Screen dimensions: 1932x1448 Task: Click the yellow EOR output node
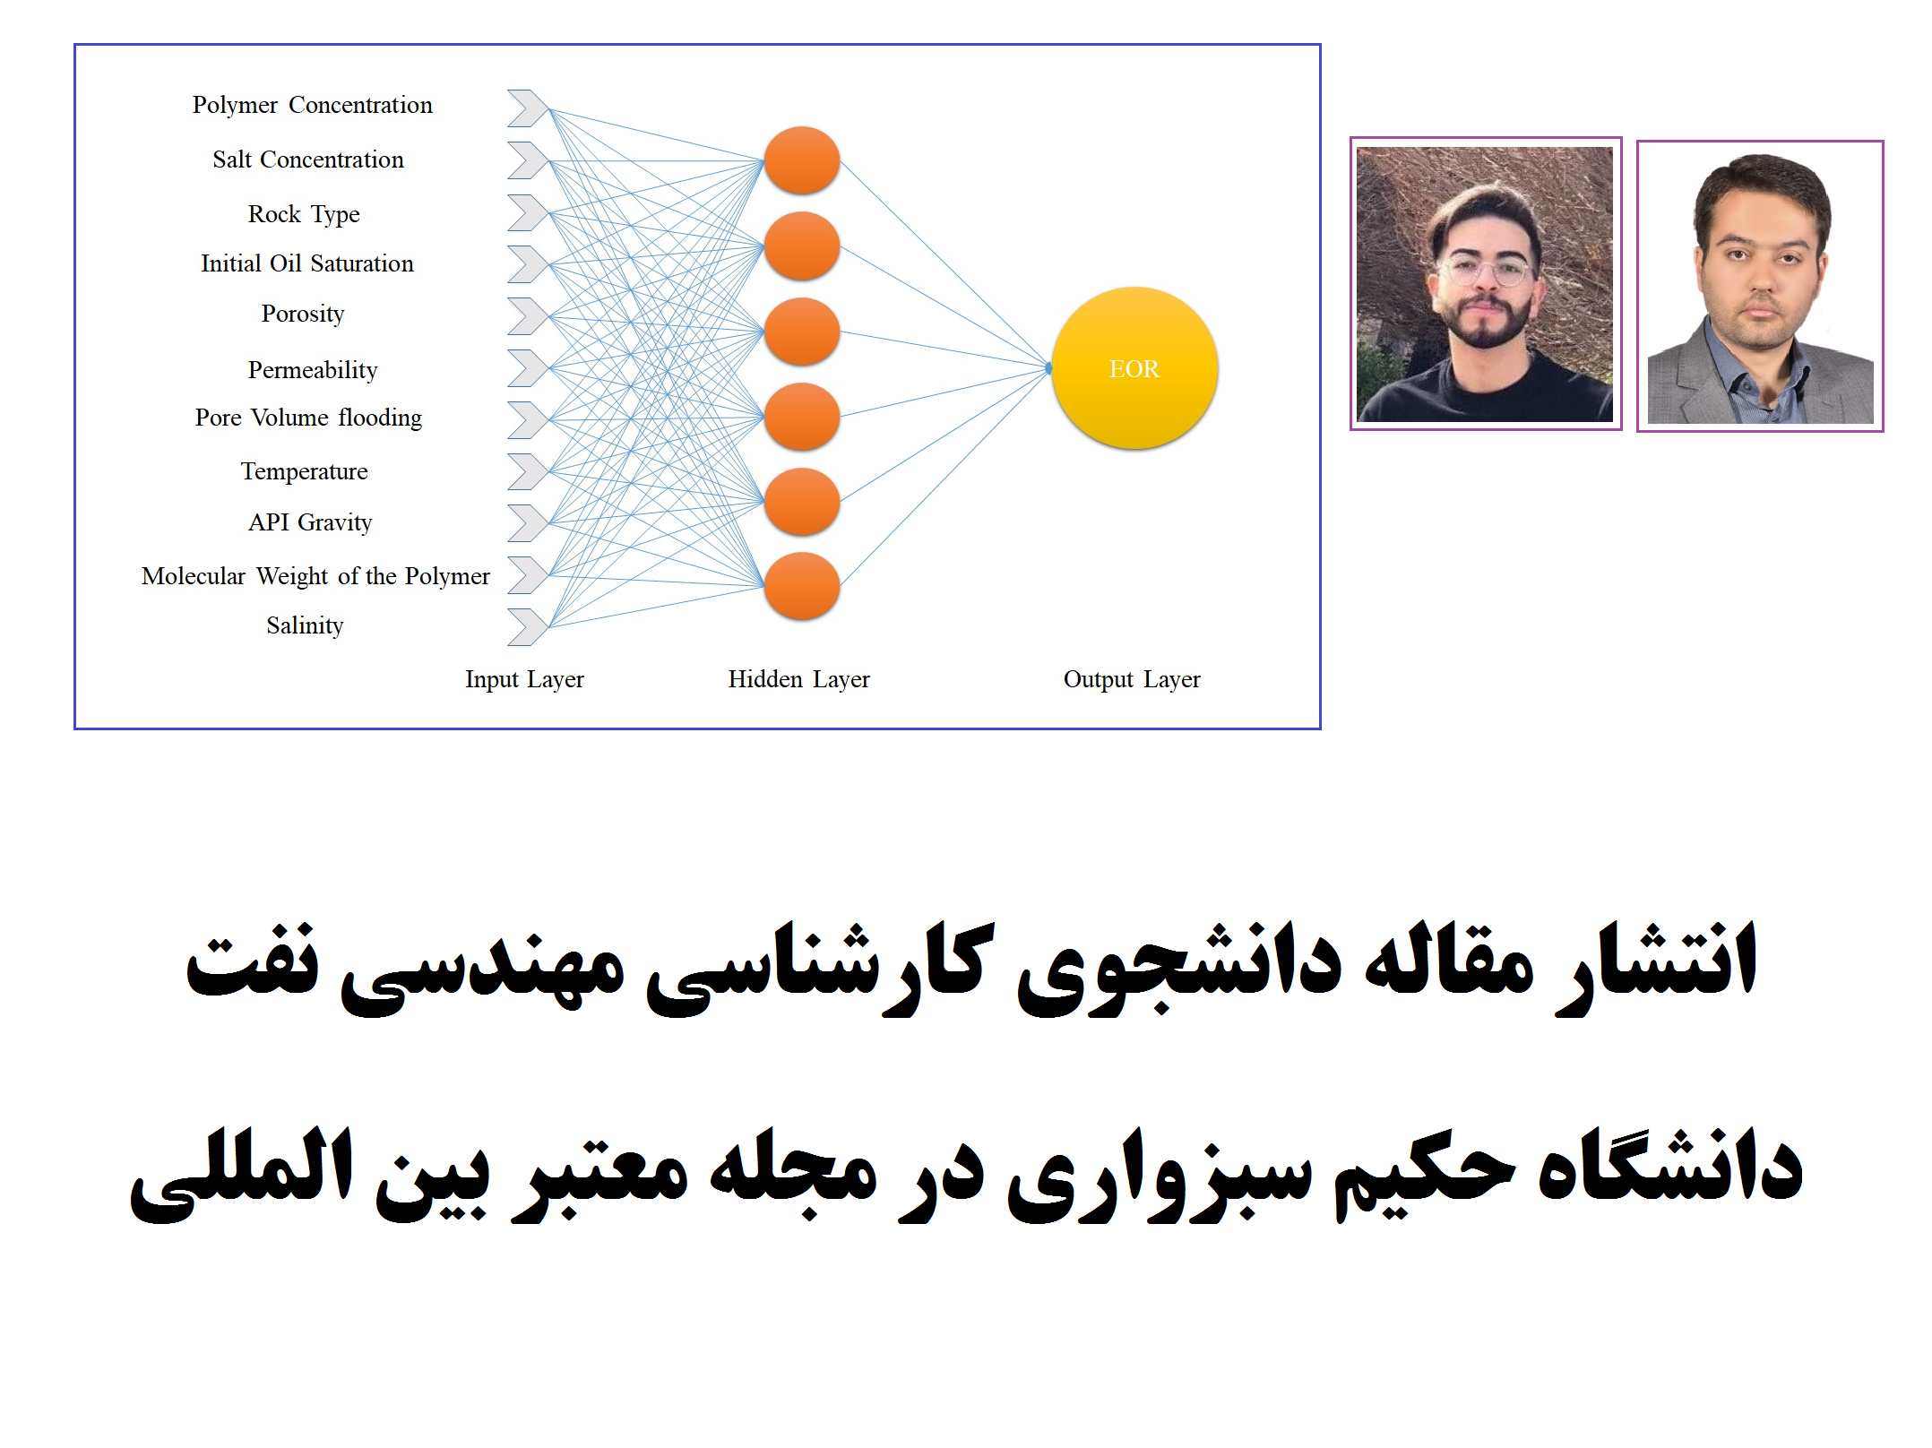1134,367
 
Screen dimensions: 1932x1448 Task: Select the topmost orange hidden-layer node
802,160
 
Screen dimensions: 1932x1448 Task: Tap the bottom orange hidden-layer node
802,586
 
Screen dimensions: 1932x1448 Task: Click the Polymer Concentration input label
312,106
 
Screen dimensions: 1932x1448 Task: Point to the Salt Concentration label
308,159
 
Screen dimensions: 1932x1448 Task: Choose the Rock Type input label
304,215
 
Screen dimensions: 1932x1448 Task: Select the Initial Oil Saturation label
307,263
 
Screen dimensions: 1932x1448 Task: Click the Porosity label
303,315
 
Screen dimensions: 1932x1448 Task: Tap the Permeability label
313,370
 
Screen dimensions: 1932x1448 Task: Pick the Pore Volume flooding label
308,418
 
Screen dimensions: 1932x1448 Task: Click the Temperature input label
304,472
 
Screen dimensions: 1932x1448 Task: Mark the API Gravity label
310,522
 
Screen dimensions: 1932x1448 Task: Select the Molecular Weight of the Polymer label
315,576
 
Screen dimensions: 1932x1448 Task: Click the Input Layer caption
524,679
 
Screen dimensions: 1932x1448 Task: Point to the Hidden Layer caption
798,679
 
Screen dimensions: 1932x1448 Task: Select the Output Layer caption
1132,679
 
